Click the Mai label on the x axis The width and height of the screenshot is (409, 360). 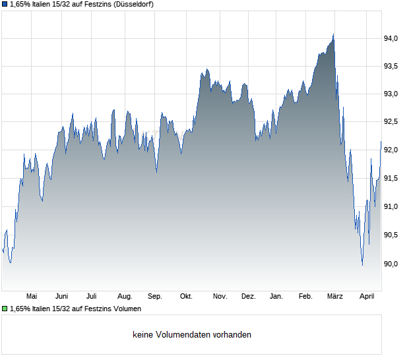pos(32,297)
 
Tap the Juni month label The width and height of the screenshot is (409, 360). pos(62,297)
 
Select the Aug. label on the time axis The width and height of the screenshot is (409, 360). pos(125,297)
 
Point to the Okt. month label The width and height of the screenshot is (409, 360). pos(186,297)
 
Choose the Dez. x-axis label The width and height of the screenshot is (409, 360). pos(248,297)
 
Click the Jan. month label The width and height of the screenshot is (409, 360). pos(277,297)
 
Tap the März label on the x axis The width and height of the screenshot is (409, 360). pos(336,297)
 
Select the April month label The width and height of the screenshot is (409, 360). pos(367,297)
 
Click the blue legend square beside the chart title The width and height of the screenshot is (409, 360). pos(5,5)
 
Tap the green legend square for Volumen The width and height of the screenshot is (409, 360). pos(5,309)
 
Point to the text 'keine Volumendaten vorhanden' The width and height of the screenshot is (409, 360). pos(191,335)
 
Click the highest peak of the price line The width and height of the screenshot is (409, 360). pos(333,35)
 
